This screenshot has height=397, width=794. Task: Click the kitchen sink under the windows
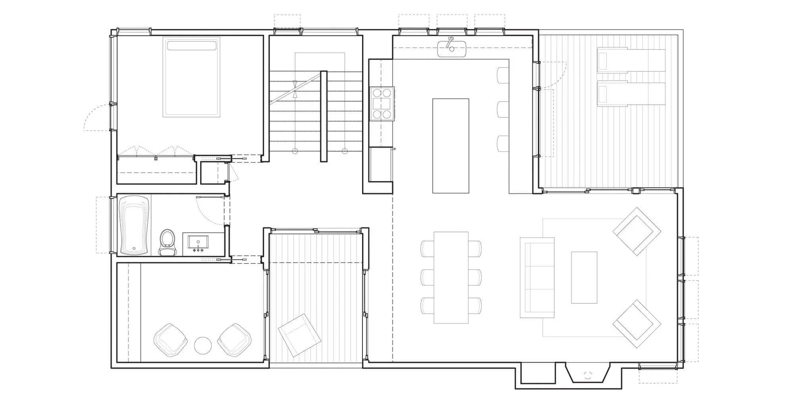[451, 49]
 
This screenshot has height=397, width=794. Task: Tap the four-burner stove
[382, 104]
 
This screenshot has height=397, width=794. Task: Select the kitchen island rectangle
[451, 146]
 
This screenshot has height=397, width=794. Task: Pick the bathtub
[134, 225]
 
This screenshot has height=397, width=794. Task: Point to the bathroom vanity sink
[198, 243]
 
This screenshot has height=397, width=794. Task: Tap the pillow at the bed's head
[191, 45]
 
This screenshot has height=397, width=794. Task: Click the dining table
[451, 277]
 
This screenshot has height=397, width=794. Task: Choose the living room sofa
[537, 278]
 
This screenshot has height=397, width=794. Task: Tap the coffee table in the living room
[584, 278]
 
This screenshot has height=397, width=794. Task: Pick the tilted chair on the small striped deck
[299, 335]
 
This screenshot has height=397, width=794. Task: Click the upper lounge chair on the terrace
[631, 60]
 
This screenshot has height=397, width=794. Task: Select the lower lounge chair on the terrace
[631, 94]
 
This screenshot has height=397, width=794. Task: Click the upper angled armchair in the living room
[637, 231]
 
